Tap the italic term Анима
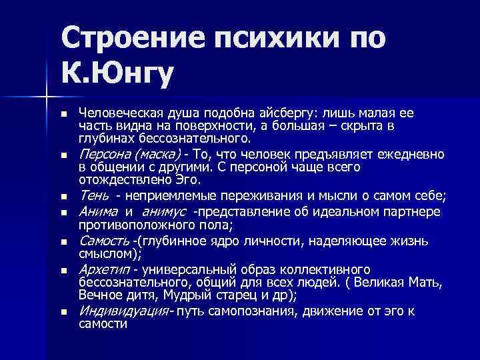click(99, 212)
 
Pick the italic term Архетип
click(103, 270)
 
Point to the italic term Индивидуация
click(124, 311)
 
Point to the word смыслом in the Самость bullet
click(107, 254)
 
